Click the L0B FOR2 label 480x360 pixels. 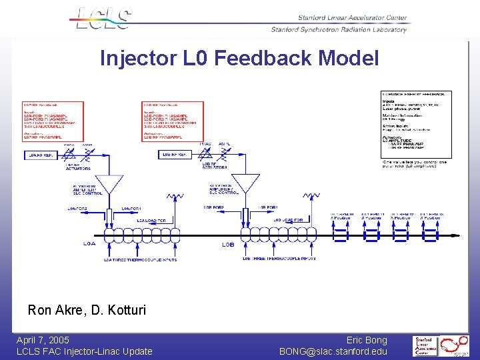tap(214, 207)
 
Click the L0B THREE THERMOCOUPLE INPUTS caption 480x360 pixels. tap(279, 258)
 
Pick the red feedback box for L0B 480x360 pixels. tap(171, 121)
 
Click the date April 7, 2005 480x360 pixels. tap(43, 340)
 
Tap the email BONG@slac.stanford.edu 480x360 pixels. tap(333, 351)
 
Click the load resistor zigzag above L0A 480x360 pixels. tap(175, 197)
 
